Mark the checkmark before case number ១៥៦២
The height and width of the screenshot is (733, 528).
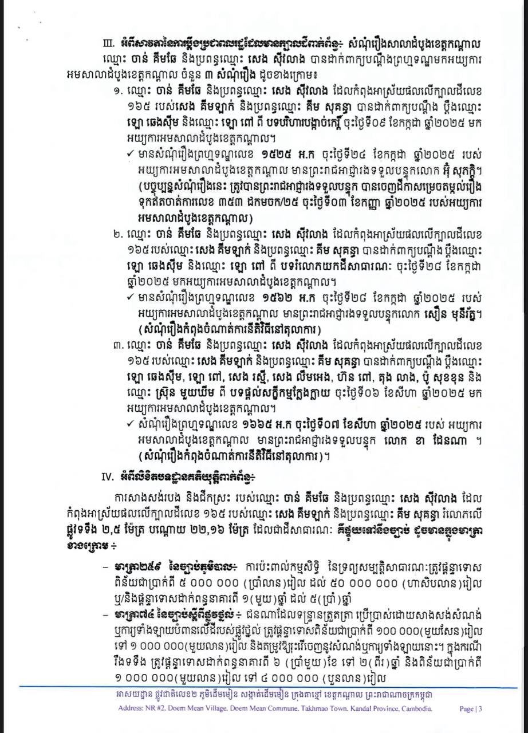(x=131, y=298)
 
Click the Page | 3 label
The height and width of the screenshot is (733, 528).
(x=471, y=709)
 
